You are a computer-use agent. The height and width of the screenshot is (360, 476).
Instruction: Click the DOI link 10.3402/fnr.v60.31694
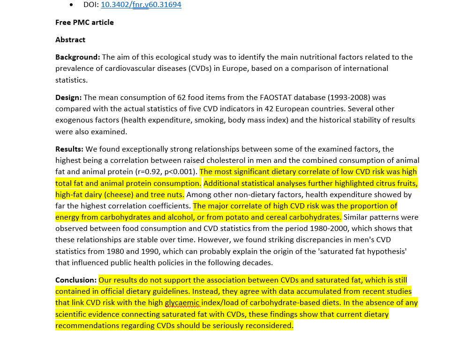(141, 5)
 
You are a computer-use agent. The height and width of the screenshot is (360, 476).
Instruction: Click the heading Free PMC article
(84, 23)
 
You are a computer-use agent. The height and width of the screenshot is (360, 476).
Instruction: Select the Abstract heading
(70, 40)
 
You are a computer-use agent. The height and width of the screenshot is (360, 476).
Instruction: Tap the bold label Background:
(77, 57)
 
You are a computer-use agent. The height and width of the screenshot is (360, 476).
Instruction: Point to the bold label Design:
(68, 98)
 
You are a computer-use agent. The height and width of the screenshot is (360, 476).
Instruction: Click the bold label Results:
(69, 149)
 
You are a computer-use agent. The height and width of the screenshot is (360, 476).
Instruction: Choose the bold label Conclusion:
(76, 280)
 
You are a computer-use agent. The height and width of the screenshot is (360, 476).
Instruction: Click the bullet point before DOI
(71, 5)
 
